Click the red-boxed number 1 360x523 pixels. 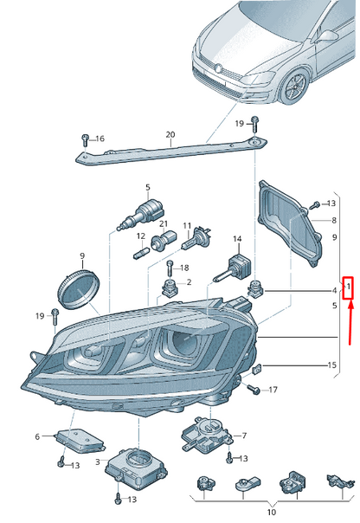click(x=349, y=287)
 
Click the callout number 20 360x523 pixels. click(x=170, y=135)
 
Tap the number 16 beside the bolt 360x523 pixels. click(x=100, y=139)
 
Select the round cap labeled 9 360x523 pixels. click(x=79, y=289)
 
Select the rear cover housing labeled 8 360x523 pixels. click(x=291, y=223)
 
